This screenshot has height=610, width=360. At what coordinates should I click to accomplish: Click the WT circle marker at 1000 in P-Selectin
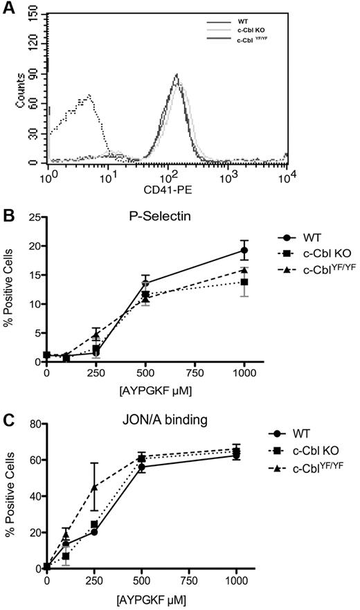coord(244,250)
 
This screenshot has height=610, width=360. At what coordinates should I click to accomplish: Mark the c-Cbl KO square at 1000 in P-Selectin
coord(244,282)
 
